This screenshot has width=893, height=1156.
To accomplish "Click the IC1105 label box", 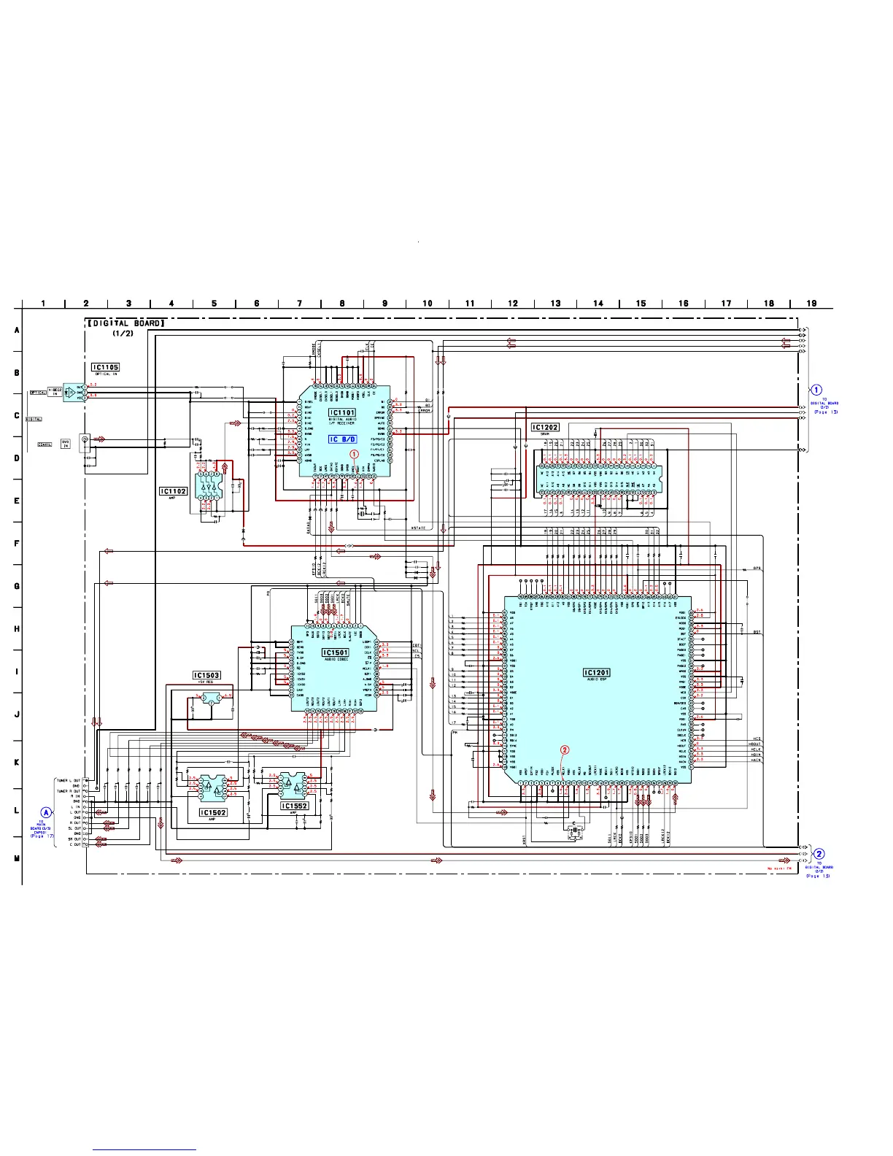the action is pos(105,367).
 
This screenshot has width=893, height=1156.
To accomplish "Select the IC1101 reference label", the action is pos(341,413).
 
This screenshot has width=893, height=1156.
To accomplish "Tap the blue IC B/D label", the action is pos(342,439).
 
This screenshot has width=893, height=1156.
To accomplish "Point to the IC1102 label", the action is pos(174,491).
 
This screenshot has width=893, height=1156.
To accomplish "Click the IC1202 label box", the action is pos(545,428).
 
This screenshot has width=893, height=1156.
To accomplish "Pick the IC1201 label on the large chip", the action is pos(596,672).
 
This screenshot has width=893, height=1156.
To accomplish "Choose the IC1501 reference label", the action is pos(335,652).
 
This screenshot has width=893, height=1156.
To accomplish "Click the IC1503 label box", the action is pos(206,675).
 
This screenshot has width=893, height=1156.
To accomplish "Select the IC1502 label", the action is pos(213,812).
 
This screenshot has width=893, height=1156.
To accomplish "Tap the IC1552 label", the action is pos(295,806).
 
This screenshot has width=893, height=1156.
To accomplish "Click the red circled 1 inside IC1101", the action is pos(355,454).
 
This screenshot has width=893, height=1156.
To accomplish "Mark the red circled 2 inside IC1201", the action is pos(564,750).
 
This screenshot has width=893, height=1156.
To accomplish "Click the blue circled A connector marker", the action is pos(47,812).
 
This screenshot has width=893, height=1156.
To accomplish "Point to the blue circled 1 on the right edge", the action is pos(816,390).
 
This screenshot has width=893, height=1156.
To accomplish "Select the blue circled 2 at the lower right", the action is pos(819,854).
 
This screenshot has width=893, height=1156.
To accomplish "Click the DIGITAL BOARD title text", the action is pos(126,323).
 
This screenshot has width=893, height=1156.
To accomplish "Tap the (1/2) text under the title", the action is pos(122,334).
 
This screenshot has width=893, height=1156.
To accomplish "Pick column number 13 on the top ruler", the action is pos(555,304).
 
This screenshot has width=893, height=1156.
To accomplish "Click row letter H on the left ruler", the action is pos(17,628).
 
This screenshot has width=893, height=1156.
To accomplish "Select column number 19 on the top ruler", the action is pos(811,304).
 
